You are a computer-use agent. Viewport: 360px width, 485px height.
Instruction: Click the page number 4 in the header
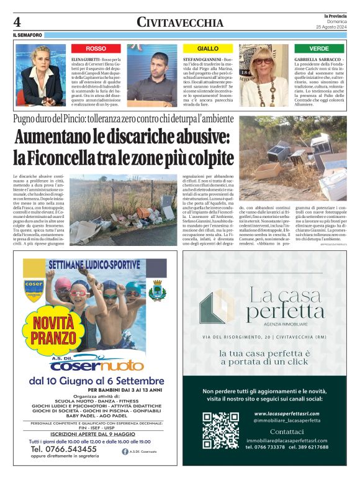[x=16, y=21]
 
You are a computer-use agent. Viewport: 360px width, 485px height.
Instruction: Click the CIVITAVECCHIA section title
[x=180, y=22]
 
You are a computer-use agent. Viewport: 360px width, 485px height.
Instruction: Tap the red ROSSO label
[x=96, y=48]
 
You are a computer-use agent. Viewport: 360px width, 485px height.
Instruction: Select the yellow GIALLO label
[x=207, y=48]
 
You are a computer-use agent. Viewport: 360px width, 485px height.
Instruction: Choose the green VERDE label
[x=319, y=48]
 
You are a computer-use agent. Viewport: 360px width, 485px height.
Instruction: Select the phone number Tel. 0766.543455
[x=63, y=448]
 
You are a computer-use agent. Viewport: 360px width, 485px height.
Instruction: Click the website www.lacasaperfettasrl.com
[x=287, y=414]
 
